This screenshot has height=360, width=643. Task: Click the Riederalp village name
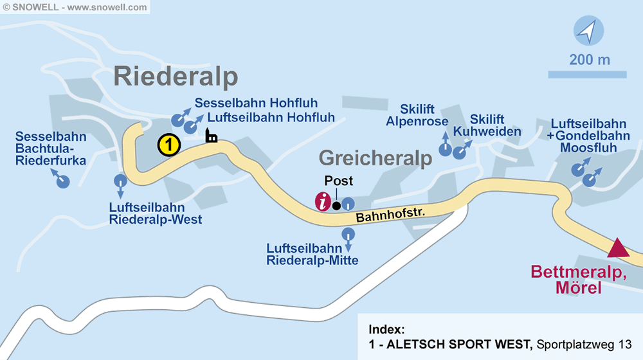pyautogui.click(x=176, y=76)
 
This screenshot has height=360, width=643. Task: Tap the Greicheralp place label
pyautogui.click(x=376, y=158)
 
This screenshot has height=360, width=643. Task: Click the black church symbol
pyautogui.click(x=211, y=136)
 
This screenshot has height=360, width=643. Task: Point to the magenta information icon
pyautogui.click(x=323, y=202)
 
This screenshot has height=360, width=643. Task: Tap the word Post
pyautogui.click(x=338, y=181)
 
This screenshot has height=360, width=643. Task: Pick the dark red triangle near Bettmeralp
pyautogui.click(x=618, y=248)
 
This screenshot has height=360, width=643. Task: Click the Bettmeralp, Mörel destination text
pyautogui.click(x=578, y=280)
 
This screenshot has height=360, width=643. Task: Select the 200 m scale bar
pyautogui.click(x=587, y=75)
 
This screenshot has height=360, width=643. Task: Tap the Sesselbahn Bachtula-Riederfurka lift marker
pyautogui.click(x=62, y=181)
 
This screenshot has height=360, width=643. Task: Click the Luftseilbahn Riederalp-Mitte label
pyautogui.click(x=312, y=254)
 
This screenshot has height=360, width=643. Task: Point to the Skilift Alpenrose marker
pyautogui.click(x=445, y=149)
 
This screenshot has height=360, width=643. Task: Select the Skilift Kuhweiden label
pyautogui.click(x=487, y=125)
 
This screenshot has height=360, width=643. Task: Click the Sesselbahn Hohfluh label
pyautogui.click(x=256, y=103)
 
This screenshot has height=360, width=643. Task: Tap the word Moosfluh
pyautogui.click(x=588, y=148)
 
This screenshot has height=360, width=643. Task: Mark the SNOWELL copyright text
pyautogui.click(x=75, y=8)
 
